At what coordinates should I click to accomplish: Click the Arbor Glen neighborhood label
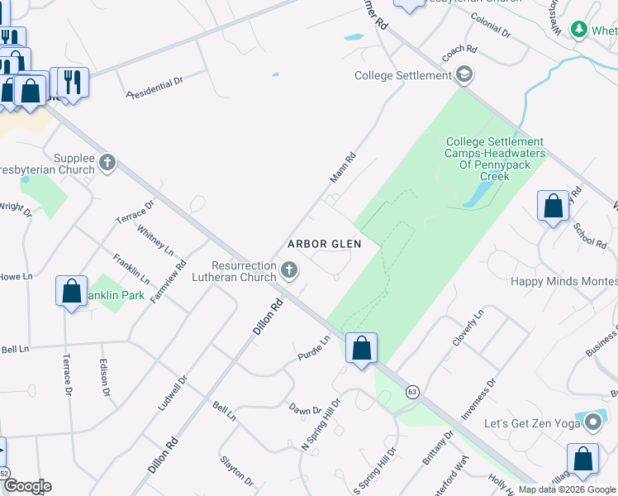[x=325, y=245]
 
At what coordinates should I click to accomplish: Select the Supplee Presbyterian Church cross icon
[x=107, y=163]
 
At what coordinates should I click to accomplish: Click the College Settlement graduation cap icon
[x=464, y=75]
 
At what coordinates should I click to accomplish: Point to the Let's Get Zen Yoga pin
[x=592, y=423]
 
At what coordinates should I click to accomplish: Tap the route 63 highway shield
[x=412, y=391]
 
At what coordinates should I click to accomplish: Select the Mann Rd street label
[x=342, y=168]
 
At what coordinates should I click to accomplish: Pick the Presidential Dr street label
[x=155, y=88]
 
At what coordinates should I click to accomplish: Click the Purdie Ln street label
[x=314, y=348]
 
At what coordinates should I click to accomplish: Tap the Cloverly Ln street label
[x=467, y=328]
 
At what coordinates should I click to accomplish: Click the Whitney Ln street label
[x=155, y=240]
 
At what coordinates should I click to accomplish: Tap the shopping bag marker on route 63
[x=361, y=347]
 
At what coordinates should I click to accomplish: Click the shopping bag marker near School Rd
[x=553, y=206]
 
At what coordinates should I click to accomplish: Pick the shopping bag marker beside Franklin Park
[x=72, y=291]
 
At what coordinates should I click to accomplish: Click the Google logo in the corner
[x=26, y=486]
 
